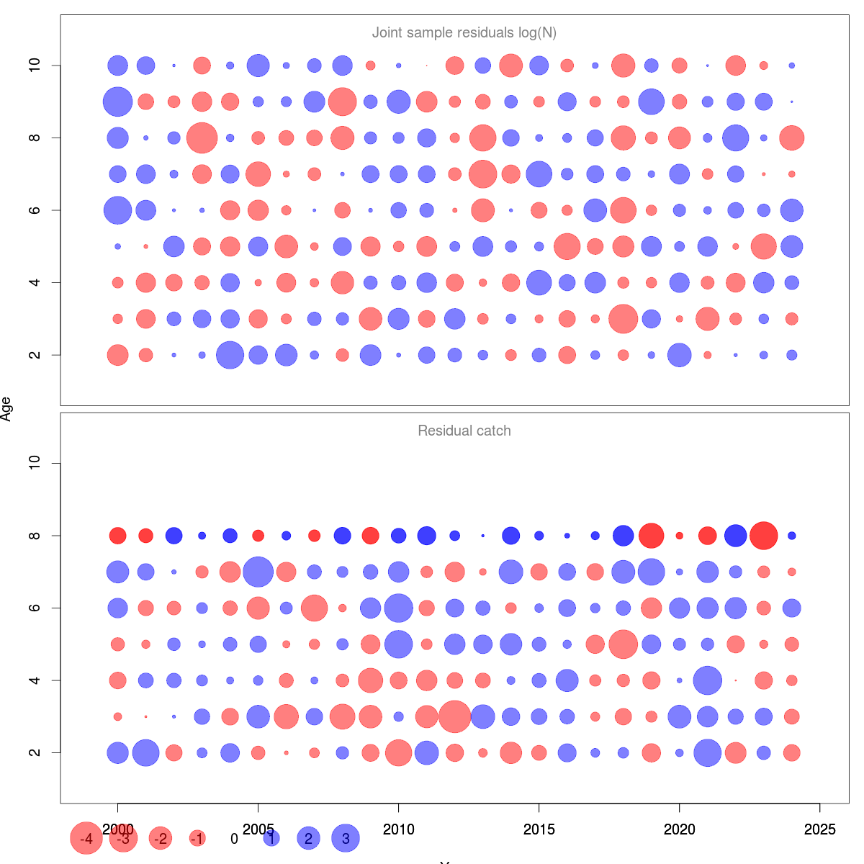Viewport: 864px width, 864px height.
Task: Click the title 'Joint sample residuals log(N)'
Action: pyautogui.click(x=464, y=33)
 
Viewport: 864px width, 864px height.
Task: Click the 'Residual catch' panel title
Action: pyautogui.click(x=464, y=431)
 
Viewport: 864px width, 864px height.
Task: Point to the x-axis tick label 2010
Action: pyautogui.click(x=398, y=829)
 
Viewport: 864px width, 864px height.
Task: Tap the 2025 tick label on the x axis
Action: pyautogui.click(x=819, y=829)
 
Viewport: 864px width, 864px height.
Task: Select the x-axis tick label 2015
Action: pyautogui.click(x=539, y=829)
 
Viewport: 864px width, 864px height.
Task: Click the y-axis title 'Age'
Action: pyautogui.click(x=6, y=409)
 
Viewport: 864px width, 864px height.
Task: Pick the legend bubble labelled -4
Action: pyautogui.click(x=86, y=838)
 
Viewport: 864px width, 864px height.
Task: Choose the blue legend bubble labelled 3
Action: pyautogui.click(x=346, y=838)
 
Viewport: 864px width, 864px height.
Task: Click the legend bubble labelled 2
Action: pyautogui.click(x=309, y=838)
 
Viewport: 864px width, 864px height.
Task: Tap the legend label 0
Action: pyautogui.click(x=234, y=839)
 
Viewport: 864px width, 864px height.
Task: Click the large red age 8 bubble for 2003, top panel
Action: pyautogui.click(x=202, y=138)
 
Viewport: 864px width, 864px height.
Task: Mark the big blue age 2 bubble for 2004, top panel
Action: pyautogui.click(x=230, y=355)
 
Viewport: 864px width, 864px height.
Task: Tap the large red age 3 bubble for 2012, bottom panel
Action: pyautogui.click(x=454, y=716)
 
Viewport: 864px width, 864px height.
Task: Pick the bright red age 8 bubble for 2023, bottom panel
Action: pyautogui.click(x=763, y=536)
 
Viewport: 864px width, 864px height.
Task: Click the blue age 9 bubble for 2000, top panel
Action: pyautogui.click(x=117, y=102)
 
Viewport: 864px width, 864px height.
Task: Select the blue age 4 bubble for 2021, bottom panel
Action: pyautogui.click(x=707, y=680)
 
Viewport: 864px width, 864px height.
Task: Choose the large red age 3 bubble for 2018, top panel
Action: pyautogui.click(x=623, y=319)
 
